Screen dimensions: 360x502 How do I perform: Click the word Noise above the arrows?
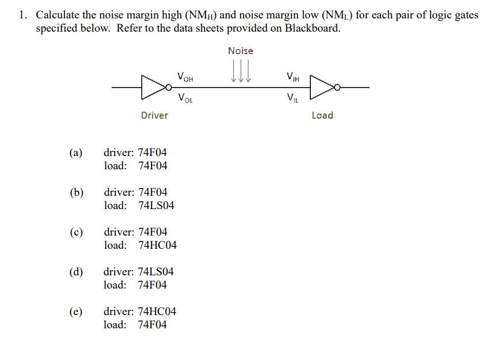click(240, 51)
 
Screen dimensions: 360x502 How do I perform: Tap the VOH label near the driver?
click(185, 76)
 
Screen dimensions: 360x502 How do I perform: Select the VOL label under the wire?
click(185, 97)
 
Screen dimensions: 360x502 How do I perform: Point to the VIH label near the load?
click(293, 77)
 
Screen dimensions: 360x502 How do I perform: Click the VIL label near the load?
click(292, 97)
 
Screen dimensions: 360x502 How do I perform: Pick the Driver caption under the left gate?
click(154, 115)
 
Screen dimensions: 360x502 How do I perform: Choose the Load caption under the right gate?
click(322, 115)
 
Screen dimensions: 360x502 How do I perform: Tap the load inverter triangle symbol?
click(323, 87)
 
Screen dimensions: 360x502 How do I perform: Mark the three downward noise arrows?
click(241, 73)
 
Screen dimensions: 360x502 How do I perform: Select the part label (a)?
click(75, 153)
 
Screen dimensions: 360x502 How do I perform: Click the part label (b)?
click(76, 192)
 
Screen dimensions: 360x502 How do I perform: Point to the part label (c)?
click(75, 232)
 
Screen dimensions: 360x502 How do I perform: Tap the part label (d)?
click(76, 272)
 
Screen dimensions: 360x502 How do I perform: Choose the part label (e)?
click(75, 312)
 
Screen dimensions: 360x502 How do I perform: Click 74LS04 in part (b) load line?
click(156, 206)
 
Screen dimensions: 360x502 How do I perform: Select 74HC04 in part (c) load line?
click(158, 245)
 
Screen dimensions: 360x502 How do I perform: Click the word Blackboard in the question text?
click(311, 28)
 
